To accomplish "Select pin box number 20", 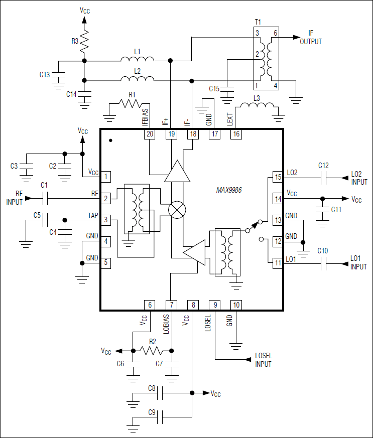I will pos(150,134).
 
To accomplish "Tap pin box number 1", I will pos(106,177).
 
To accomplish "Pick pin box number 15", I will pos(278,177).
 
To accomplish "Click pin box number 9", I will pos(215,305).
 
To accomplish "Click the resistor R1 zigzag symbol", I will pos(132,103).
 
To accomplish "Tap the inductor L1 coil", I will pos(137,60).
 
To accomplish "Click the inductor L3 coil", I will pos(257,107).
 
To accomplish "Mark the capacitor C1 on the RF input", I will pos(45,198).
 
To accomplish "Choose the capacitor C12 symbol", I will pos(324,177).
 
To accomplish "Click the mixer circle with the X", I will pos(176,210).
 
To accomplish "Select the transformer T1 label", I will pos(258,23).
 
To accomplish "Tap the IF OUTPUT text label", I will pos(311,38).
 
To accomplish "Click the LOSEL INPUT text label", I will pos(264,359).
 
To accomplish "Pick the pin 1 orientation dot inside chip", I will pos(110,141).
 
